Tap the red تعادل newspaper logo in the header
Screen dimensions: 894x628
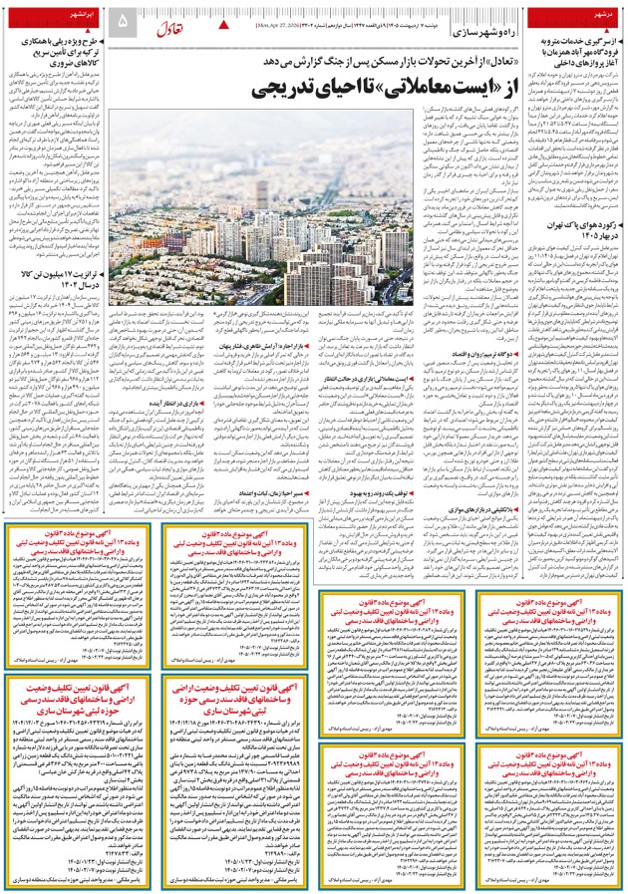(x=169, y=20)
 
